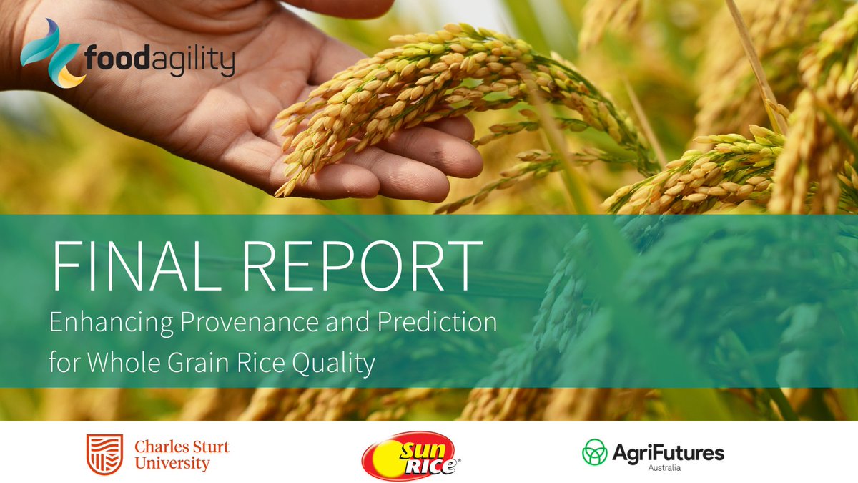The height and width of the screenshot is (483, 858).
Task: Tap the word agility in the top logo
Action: point(192,62)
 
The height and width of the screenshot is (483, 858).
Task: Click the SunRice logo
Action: point(410,456)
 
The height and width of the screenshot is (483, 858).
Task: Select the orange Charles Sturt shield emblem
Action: point(100,454)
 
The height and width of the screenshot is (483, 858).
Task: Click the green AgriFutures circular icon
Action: point(595,452)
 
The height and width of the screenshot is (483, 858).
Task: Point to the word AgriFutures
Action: point(667,452)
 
